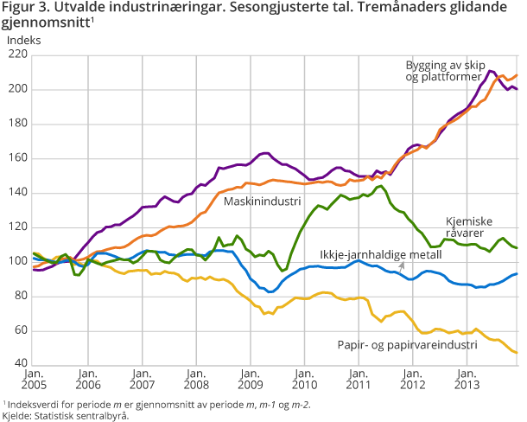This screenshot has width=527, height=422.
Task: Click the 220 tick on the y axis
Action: click(17, 54)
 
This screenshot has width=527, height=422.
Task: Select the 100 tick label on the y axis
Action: click(17, 262)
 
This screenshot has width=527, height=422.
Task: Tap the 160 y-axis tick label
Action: click(17, 158)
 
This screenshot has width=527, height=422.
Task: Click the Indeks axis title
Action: click(24, 39)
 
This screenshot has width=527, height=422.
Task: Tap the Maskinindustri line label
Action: click(262, 201)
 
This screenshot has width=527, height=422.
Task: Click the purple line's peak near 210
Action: click(491, 71)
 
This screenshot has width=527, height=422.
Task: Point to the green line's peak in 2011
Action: click(381, 186)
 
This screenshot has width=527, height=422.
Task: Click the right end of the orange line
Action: click(517, 75)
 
